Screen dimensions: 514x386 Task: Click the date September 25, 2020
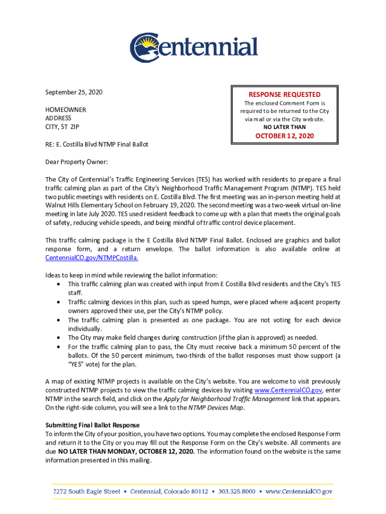(74, 92)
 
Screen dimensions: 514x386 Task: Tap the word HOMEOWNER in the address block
(66, 109)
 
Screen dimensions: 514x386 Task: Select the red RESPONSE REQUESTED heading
(284, 94)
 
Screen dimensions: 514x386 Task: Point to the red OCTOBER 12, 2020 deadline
(284, 136)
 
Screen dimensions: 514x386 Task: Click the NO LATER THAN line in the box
(284, 127)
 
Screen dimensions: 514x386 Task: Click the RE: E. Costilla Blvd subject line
(97, 145)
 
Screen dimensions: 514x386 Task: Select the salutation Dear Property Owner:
(77, 162)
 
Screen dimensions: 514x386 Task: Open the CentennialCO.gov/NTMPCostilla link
(92, 258)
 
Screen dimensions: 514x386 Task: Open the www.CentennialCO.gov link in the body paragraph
(288, 390)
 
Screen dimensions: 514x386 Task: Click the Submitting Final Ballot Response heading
(93, 425)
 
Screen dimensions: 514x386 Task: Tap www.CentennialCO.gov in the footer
(299, 492)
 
